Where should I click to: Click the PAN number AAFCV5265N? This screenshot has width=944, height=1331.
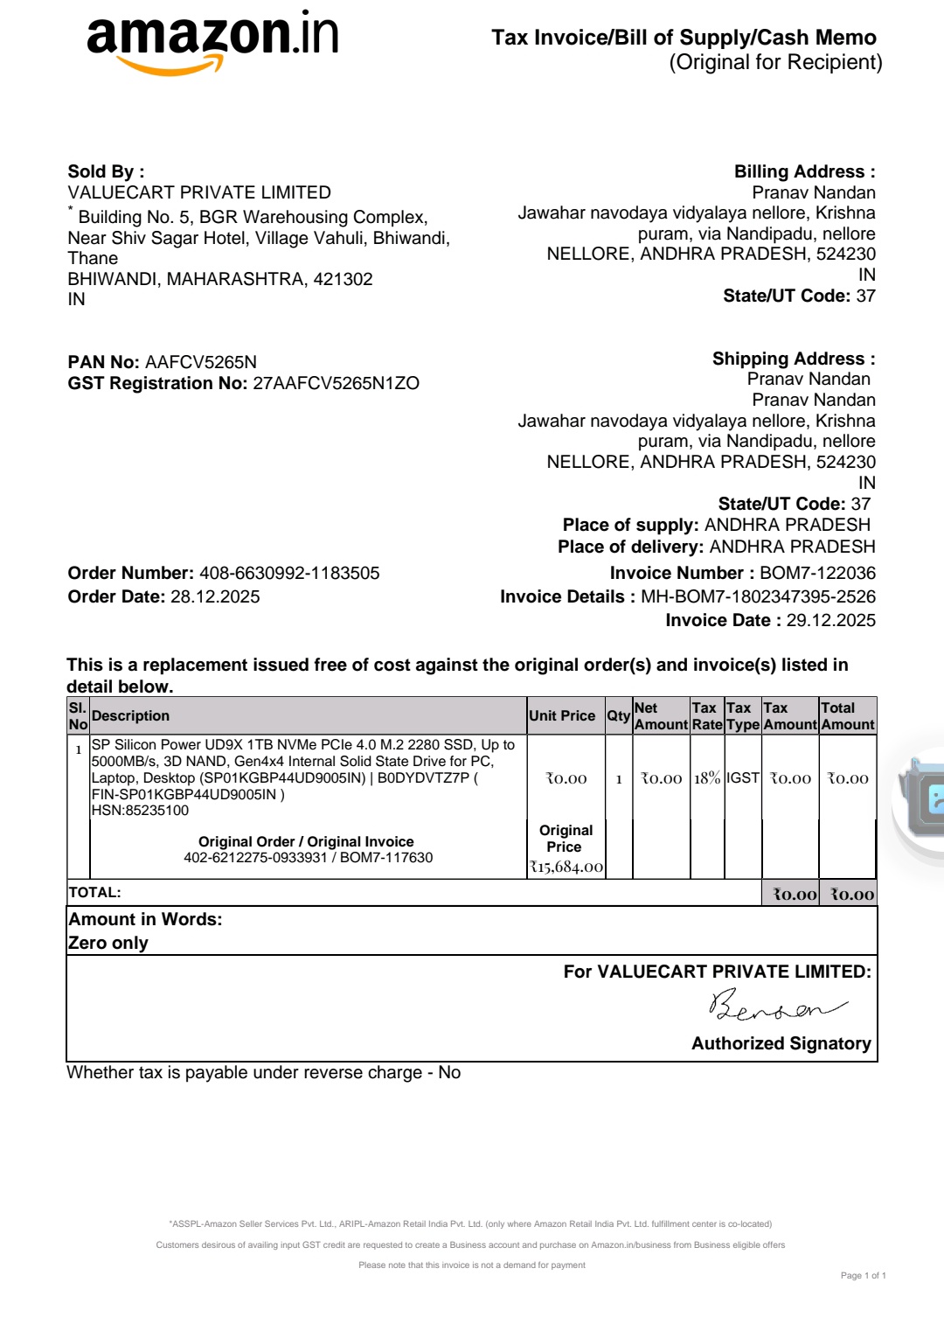(201, 362)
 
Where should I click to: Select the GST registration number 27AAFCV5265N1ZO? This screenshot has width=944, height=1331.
(336, 383)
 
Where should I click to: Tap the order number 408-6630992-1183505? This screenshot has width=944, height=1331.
(289, 574)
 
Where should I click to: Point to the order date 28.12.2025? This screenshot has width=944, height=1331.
(215, 597)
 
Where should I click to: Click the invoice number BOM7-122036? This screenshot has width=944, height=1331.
(817, 574)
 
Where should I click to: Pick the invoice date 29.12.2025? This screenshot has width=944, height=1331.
(830, 621)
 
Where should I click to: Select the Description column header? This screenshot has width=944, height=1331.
(130, 716)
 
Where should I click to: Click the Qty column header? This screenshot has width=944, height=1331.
(619, 716)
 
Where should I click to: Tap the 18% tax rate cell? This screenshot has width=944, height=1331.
(707, 778)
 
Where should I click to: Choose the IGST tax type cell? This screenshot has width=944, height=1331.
(743, 778)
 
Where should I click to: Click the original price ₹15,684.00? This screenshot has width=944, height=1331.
(566, 868)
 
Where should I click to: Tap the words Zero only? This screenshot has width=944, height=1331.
(108, 944)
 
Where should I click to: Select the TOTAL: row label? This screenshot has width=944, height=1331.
(94, 893)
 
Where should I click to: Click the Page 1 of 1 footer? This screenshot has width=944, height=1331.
(863, 1276)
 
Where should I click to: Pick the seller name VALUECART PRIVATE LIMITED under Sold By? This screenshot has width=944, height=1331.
(199, 192)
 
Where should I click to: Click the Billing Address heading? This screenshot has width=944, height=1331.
(804, 172)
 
